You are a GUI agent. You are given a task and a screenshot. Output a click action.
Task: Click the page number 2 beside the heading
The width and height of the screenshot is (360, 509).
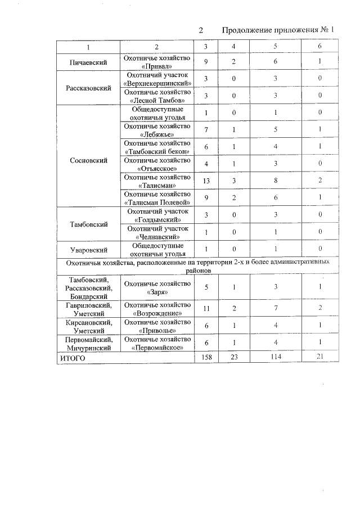coord(200,30)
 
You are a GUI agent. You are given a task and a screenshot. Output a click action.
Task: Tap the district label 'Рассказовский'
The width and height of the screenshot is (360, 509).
coord(89,88)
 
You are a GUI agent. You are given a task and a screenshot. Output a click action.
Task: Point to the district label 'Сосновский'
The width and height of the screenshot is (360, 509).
coord(89,160)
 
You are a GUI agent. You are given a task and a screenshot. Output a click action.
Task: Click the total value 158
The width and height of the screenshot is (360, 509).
coord(206,358)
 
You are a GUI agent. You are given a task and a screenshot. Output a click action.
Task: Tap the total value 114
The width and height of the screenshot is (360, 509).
coord(276,358)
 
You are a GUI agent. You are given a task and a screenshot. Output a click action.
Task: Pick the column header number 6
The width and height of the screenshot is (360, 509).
coord(319,46)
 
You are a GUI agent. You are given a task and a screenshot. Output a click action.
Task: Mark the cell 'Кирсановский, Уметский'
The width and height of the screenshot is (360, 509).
coord(89,326)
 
